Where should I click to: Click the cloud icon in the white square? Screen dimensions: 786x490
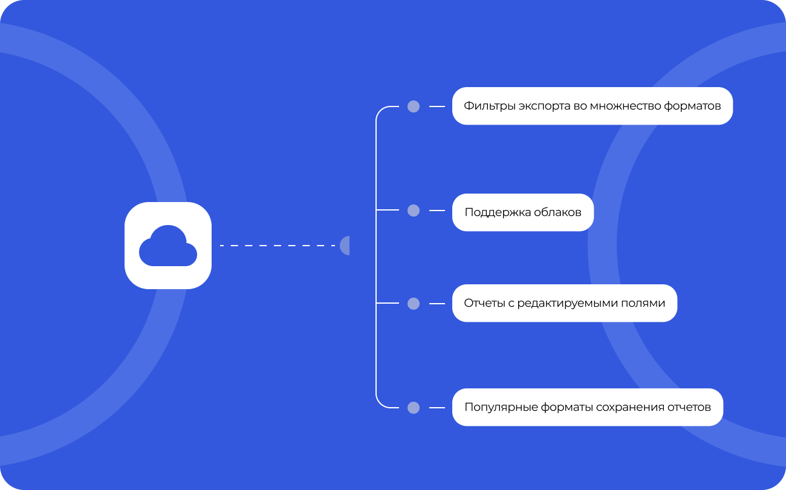(168, 246)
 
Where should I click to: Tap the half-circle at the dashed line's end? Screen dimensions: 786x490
(345, 246)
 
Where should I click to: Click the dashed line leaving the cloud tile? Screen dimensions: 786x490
(277, 246)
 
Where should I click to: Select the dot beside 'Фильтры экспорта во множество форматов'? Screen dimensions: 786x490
(414, 106)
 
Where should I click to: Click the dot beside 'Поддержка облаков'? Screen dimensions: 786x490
(414, 211)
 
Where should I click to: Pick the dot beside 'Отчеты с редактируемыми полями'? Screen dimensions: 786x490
(414, 304)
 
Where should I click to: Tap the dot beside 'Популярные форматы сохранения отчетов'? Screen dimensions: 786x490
(414, 408)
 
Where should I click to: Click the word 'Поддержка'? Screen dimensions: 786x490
(498, 213)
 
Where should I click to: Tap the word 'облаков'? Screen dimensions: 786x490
(558, 212)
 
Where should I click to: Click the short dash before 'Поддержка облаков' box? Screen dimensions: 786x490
(437, 211)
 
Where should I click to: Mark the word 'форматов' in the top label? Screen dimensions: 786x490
(692, 106)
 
